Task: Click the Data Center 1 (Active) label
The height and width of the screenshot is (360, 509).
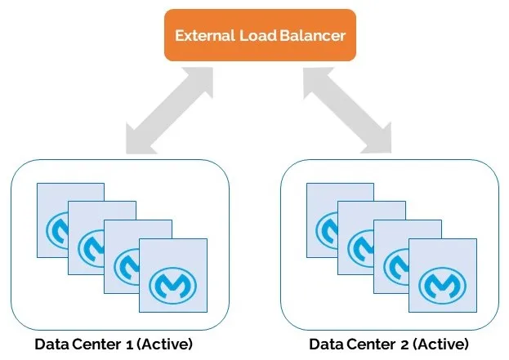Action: point(114,342)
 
